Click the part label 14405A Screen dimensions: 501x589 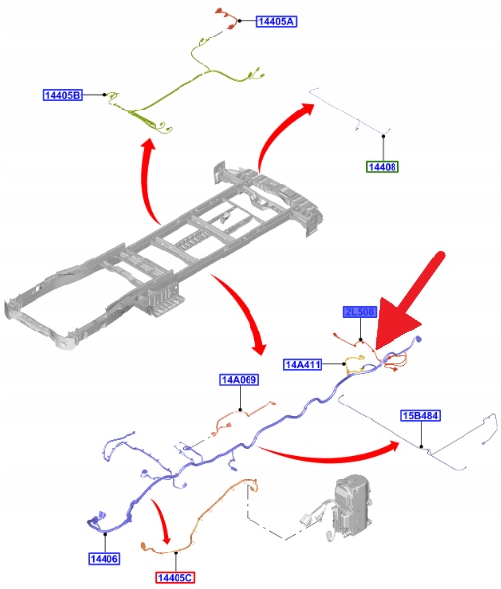point(276,21)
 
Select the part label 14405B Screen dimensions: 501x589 point(63,95)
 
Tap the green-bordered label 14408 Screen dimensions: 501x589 point(383,167)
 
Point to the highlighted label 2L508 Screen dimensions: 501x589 point(360,312)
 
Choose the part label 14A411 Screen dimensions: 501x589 point(303,364)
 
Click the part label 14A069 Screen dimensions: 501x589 point(240,380)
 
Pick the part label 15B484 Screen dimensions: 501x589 point(421,415)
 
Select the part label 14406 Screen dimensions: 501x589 point(105,559)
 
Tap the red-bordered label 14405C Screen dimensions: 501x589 point(176,577)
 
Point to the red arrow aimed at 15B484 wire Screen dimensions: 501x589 point(330,454)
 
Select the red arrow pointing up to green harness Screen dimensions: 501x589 point(147,181)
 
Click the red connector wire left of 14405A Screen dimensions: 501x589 point(228,18)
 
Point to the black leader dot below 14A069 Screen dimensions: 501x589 point(240,410)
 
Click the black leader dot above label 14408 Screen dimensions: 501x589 point(383,136)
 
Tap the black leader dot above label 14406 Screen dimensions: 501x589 point(105,534)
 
